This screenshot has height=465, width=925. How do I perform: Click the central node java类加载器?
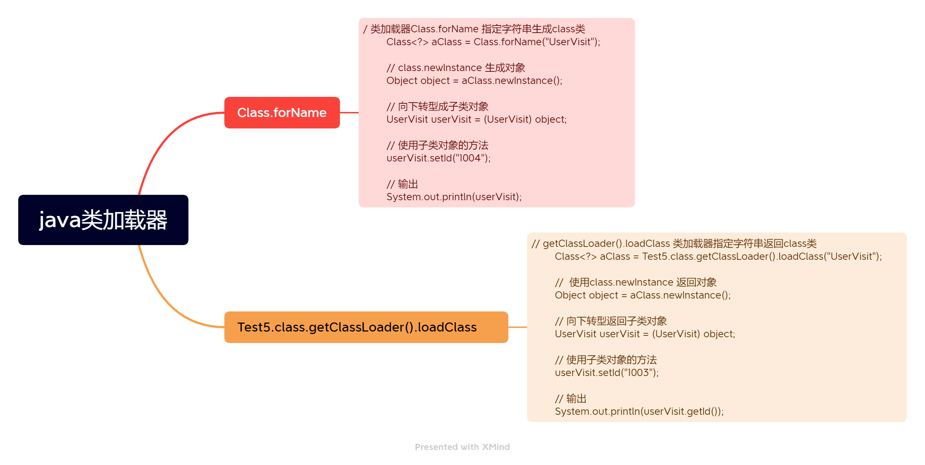click(x=103, y=220)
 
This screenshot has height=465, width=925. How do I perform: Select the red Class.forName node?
click(x=282, y=113)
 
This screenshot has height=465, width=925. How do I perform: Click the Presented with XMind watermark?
click(x=462, y=447)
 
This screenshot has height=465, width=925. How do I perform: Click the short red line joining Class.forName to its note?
click(x=349, y=113)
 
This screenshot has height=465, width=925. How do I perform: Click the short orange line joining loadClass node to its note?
click(x=517, y=327)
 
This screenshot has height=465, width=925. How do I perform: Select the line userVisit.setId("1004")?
click(x=438, y=158)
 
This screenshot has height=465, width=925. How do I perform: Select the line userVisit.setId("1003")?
click(x=606, y=373)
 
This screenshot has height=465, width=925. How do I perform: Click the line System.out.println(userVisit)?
click(x=454, y=197)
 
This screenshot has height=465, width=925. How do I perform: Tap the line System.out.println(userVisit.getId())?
click(x=639, y=412)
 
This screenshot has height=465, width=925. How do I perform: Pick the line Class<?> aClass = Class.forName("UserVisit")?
click(x=493, y=42)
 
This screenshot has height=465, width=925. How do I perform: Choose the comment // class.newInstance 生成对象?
click(x=456, y=68)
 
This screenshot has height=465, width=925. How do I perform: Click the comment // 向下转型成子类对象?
click(x=437, y=107)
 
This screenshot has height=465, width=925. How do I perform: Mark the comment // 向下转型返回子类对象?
click(x=611, y=321)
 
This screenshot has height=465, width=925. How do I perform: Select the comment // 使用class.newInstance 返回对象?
click(x=636, y=282)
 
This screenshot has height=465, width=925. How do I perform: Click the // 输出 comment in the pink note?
click(x=402, y=184)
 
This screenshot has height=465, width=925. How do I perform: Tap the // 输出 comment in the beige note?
click(x=571, y=399)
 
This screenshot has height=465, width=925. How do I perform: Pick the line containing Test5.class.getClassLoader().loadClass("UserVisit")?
click(x=718, y=257)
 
